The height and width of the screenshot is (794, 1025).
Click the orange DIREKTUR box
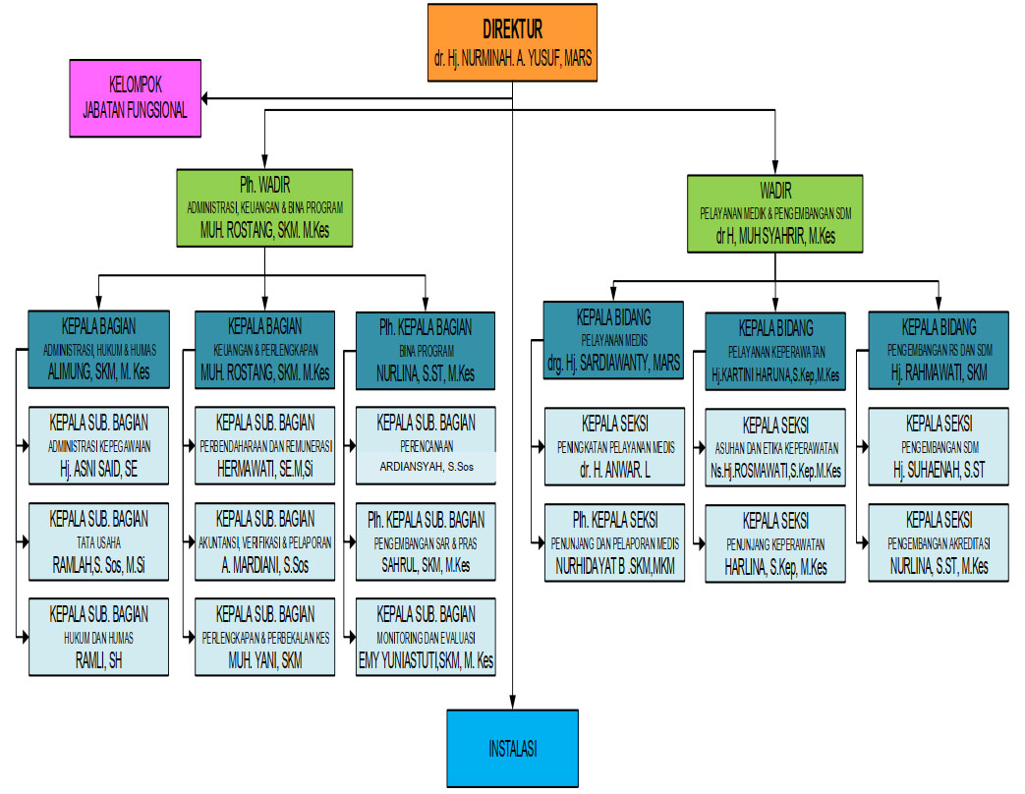point(512,42)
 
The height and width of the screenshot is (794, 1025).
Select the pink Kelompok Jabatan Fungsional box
point(136,98)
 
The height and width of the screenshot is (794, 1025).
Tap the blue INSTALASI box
point(513,748)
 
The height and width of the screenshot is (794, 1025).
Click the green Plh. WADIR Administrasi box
point(264,207)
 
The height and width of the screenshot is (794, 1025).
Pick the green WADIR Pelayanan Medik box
point(775,213)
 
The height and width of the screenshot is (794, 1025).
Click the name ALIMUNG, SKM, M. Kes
point(98,372)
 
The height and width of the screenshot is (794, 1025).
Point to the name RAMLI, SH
point(98,660)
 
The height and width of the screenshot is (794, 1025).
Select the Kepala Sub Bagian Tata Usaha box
point(98,541)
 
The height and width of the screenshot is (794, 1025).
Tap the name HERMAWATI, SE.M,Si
point(264,469)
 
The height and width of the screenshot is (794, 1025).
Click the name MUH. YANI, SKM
point(264,660)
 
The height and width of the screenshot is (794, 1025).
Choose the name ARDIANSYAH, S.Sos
point(427,467)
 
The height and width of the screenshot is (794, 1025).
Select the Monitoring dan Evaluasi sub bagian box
point(426,637)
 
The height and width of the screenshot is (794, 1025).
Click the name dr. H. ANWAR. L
point(614,470)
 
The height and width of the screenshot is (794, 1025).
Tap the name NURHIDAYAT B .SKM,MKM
point(614,566)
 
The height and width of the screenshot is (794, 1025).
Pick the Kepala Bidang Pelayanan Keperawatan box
point(775,352)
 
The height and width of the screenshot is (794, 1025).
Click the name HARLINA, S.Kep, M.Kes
point(775,567)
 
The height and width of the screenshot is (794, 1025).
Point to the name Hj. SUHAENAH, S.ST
point(939,470)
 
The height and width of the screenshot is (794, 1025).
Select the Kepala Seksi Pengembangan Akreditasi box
point(939,543)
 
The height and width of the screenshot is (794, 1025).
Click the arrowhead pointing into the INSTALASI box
point(513,703)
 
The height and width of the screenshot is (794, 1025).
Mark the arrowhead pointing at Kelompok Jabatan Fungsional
point(205,98)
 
